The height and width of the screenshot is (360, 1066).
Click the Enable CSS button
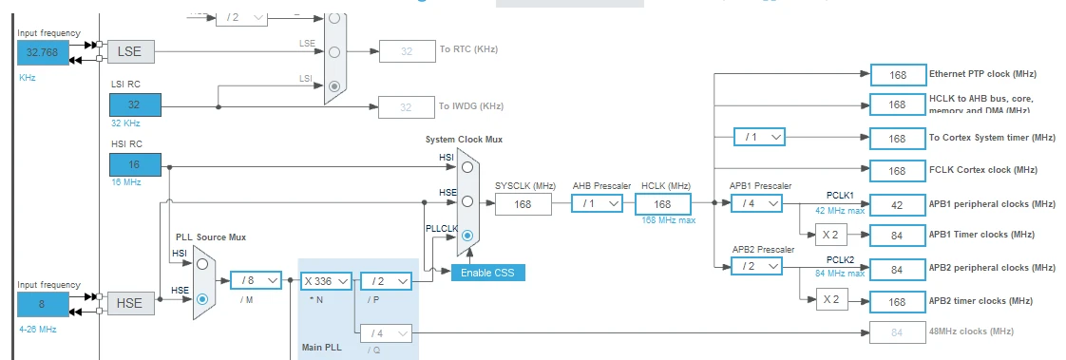(487, 273)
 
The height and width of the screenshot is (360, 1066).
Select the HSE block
(129, 303)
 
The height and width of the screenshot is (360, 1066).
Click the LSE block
(129, 51)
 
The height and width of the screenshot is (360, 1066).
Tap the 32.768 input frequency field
(43, 53)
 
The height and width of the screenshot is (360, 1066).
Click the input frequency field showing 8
(43, 304)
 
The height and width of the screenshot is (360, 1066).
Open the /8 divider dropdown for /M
(256, 280)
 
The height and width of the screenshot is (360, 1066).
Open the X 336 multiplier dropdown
(326, 280)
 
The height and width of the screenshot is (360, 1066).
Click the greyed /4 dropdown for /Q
(386, 332)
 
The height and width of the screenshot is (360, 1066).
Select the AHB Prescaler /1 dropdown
(597, 203)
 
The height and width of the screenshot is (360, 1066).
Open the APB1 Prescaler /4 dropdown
(756, 203)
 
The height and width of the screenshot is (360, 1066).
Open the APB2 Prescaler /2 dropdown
(756, 268)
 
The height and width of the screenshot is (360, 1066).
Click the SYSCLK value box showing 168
(523, 203)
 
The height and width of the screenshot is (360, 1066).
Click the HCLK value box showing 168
(662, 203)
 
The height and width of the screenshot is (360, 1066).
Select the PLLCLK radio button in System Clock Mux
(467, 236)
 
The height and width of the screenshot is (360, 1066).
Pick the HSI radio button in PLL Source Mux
(201, 264)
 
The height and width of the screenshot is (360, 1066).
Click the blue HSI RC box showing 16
(135, 164)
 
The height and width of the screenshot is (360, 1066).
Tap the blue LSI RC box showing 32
(135, 104)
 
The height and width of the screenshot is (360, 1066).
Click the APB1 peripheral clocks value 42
(897, 203)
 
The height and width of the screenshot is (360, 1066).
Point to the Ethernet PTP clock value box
(897, 74)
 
